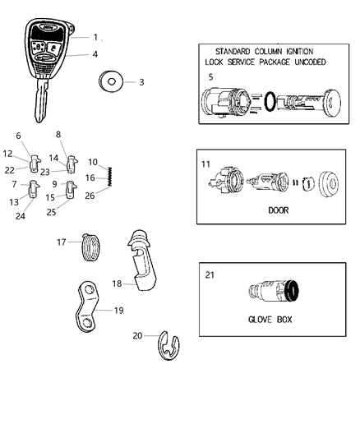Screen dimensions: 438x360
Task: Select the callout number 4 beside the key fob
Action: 95,55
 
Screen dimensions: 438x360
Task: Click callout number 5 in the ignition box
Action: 211,77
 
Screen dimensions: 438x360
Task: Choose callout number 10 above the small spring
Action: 92,161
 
